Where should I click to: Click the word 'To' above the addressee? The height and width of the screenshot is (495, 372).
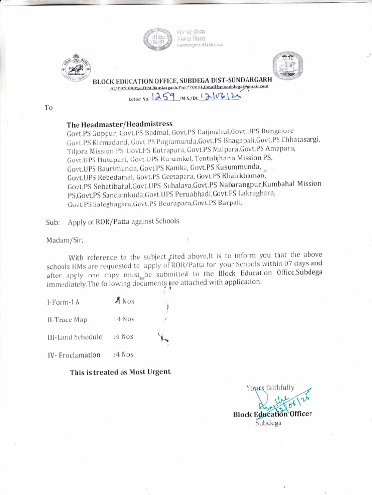(x=48, y=108)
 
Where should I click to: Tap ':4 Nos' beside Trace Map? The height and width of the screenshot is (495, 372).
(x=124, y=319)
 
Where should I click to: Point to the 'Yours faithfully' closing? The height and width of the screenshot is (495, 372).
(x=270, y=388)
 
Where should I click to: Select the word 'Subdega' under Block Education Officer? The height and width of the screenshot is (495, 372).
(x=268, y=423)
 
